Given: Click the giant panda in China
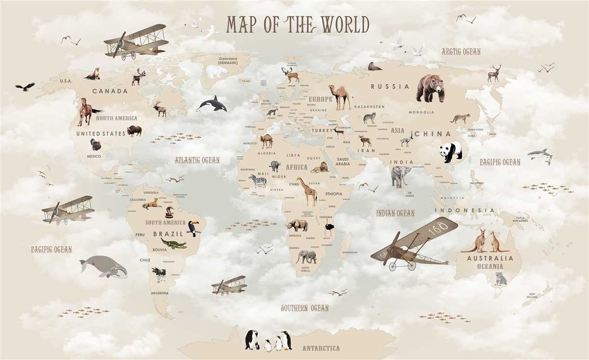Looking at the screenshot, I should coord(451,152).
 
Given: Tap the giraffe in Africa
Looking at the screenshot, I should coord(308,191).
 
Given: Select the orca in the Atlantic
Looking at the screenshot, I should coord(212,104).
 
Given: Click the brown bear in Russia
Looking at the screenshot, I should coord(430,88).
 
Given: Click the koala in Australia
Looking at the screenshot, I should coord(501,278).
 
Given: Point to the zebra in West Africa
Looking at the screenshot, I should coord(258,181).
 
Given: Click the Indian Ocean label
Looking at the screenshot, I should coord(395,213).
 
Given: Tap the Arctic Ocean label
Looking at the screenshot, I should coord(461,52).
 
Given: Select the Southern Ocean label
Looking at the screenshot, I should coord(304,308).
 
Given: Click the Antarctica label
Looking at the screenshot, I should coord(321,348).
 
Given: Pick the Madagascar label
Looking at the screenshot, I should coord(350,252).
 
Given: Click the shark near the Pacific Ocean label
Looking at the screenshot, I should coord(540,155).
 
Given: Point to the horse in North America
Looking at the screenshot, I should coord(87,111).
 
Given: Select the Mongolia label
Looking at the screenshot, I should coord(422,112).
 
